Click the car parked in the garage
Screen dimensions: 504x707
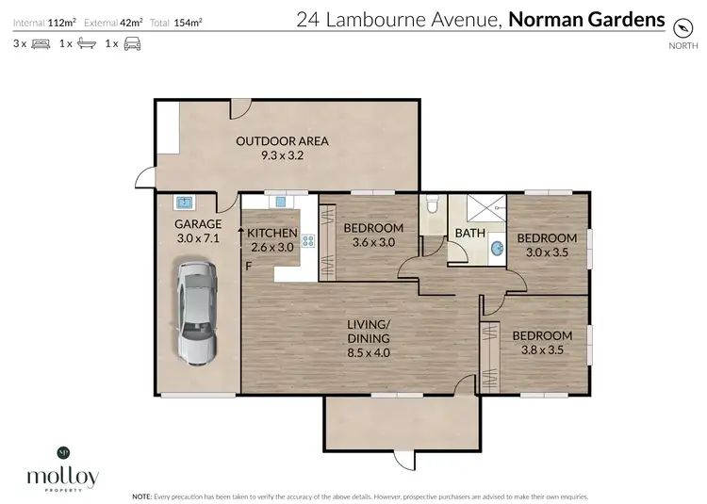pos(196,312)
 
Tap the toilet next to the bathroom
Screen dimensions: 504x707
pos(433,205)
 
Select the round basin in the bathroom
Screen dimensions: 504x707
pos(496,248)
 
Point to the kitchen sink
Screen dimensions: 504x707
pos(280,201)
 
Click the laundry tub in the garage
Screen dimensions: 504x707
pos(185,202)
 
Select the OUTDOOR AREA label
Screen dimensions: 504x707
pos(282,141)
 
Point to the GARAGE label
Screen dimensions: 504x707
pos(198,224)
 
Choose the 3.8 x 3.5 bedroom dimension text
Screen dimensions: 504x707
pos(541,350)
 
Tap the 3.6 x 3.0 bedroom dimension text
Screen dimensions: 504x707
pos(372,242)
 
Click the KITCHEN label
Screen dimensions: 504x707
pos(272,233)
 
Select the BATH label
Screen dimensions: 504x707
pos(469,233)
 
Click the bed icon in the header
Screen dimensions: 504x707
pos(41,43)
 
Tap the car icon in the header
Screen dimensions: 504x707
pos(132,43)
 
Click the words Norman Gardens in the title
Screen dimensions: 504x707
pos(585,19)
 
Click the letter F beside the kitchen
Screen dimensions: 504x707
pos(248,266)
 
